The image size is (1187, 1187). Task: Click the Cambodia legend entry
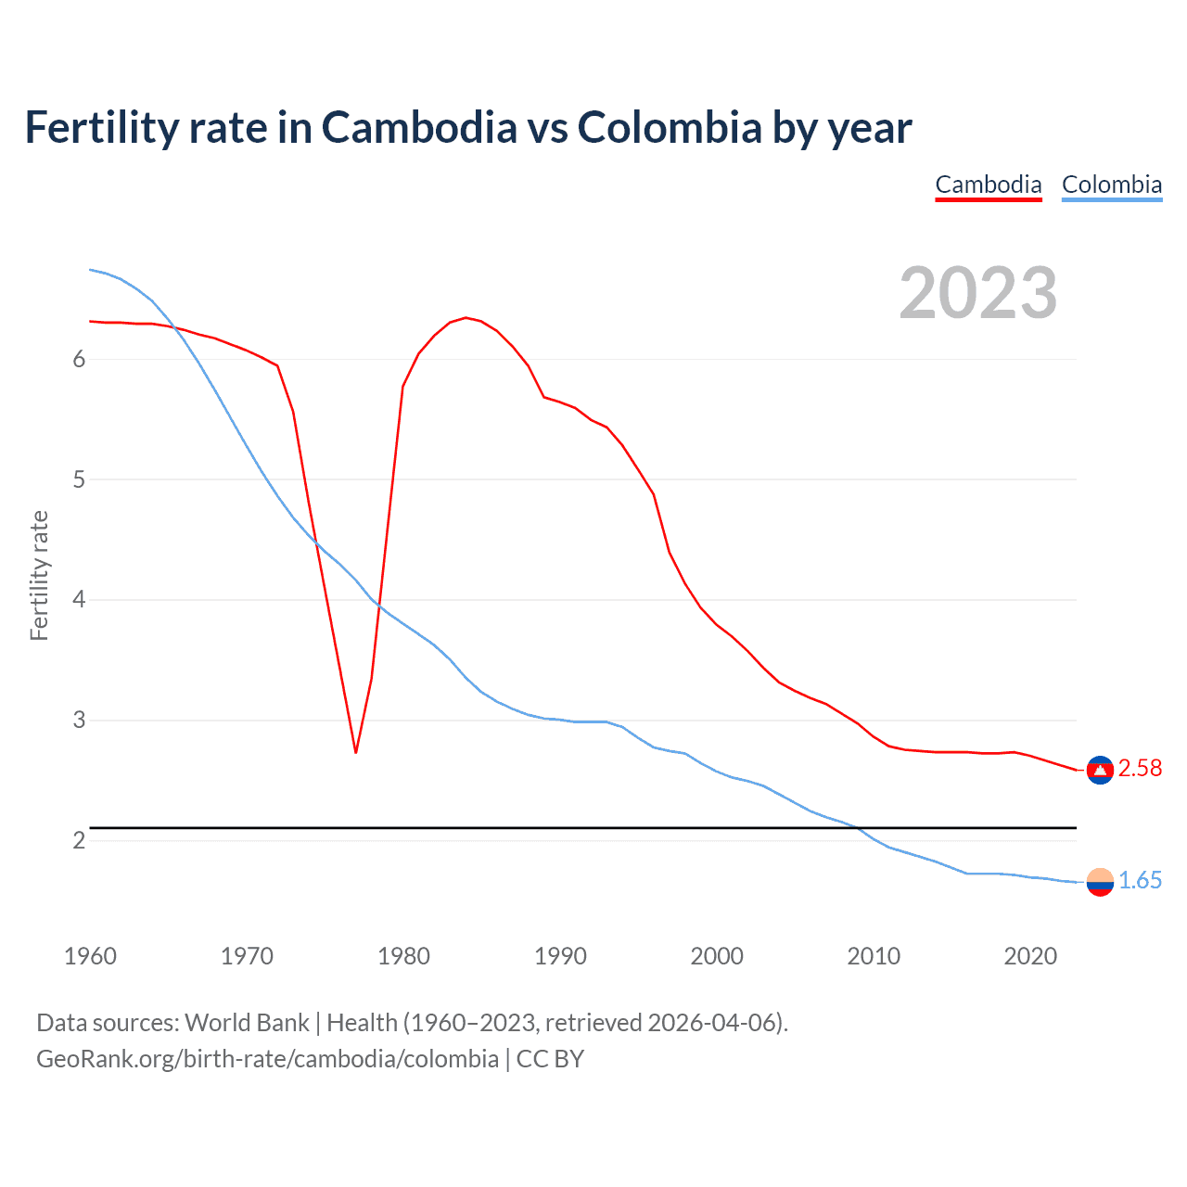click(x=989, y=185)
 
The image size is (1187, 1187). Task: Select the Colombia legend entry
click(x=1111, y=185)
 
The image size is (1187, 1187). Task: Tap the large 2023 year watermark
click(x=977, y=293)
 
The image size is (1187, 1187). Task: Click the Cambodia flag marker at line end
click(x=1100, y=770)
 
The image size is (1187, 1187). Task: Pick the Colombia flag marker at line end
click(x=1100, y=882)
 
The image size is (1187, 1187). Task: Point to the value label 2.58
click(x=1140, y=769)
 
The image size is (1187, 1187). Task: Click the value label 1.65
click(x=1140, y=881)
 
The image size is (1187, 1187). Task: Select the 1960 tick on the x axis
click(x=90, y=956)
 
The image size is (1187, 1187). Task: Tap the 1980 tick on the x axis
click(x=403, y=956)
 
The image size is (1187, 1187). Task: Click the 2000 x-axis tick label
click(x=717, y=956)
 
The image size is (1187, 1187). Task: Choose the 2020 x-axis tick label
click(x=1030, y=956)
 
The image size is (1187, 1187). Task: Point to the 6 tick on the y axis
click(x=79, y=360)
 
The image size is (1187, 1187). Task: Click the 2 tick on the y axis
click(x=79, y=840)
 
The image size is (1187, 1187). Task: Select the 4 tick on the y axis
click(x=79, y=600)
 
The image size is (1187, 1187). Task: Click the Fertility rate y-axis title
click(x=39, y=575)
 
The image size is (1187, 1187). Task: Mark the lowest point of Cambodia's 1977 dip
click(x=355, y=751)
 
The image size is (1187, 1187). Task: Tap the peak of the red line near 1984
click(x=466, y=318)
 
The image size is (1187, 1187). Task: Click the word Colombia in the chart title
click(x=670, y=128)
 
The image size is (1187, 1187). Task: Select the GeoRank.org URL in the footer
click(x=267, y=1059)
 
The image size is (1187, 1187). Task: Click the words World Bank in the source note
click(x=247, y=1023)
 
